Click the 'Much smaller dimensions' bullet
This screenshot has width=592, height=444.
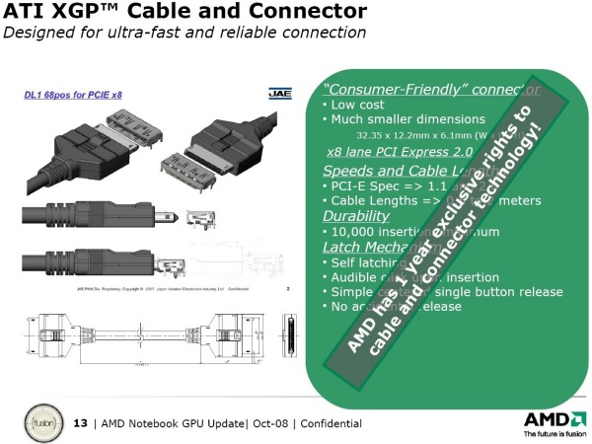pos(395,119)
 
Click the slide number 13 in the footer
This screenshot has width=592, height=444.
pos(82,423)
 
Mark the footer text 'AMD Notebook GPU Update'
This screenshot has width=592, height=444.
pos(173,423)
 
